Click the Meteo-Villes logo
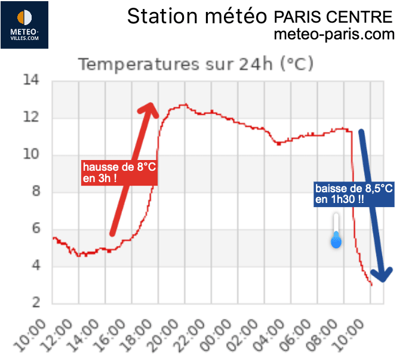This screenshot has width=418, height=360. click(24, 25)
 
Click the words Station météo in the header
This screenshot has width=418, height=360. click(196, 16)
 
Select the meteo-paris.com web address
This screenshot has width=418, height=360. click(334, 35)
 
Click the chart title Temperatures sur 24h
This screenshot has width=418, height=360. click(196, 63)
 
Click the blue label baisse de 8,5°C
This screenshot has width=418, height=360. click(354, 194)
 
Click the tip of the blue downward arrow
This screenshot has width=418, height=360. click(383, 278)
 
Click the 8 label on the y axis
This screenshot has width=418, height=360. click(36, 192)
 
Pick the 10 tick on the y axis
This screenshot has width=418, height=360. click(31, 155)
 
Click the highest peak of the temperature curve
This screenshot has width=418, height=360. click(185, 104)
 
